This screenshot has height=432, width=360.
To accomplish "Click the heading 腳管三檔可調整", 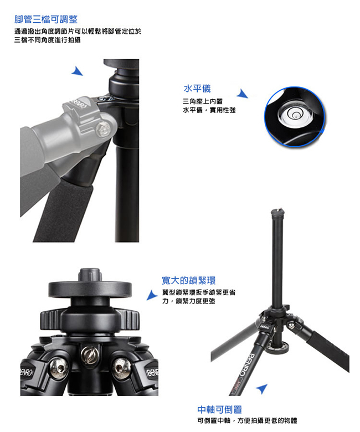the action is (x=46, y=19).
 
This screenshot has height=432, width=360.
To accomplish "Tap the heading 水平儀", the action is (x=197, y=89).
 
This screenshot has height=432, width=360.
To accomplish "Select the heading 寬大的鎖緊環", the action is (x=189, y=280).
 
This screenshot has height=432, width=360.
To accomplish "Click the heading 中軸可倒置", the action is (x=219, y=410).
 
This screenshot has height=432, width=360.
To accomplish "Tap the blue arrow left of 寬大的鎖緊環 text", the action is (x=152, y=295).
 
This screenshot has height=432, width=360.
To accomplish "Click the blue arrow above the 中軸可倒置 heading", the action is (x=262, y=388).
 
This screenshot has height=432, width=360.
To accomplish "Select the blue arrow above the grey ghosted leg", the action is (x=78, y=71).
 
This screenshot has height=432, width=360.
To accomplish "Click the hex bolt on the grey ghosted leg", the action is (x=103, y=129).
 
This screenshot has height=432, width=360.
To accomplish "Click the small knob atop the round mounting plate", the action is (x=90, y=275).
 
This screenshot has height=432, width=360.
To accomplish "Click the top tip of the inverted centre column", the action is (x=277, y=210).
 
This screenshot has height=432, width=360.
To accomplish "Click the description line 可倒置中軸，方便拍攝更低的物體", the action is (x=248, y=421).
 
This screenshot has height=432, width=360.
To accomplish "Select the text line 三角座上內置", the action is (x=203, y=101).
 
